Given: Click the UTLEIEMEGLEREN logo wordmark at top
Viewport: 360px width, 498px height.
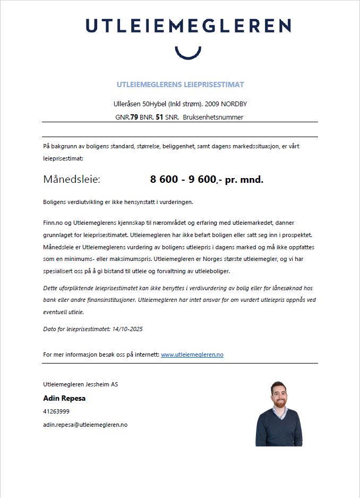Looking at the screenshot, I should pos(188,26).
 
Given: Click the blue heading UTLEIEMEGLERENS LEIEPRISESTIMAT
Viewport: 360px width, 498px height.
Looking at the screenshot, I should pos(180,85).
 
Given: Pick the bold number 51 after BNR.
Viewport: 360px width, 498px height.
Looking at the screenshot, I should pos(159,117).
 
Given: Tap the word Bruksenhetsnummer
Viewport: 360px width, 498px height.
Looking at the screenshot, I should pos(212,117).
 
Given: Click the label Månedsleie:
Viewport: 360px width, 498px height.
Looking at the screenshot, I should pos(72,180).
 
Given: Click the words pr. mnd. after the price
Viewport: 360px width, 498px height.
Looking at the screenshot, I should pos(244,180).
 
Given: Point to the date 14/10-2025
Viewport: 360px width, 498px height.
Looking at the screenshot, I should pos(127,329).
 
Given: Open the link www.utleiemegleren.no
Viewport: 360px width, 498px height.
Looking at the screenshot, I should pos(192,354).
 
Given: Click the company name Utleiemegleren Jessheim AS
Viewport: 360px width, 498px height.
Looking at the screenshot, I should pos(81,384).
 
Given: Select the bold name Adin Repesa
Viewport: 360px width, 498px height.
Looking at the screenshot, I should pos(64,398).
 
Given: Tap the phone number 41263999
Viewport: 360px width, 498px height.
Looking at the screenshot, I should pos(56,411).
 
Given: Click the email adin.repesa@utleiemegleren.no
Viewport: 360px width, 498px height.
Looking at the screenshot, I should pos(85,425).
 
